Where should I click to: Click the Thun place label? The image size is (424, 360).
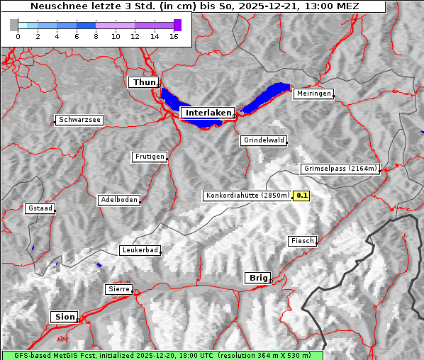coord(144,83)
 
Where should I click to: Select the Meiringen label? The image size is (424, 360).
coord(313,94)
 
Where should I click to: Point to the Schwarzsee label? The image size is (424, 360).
coord(79,120)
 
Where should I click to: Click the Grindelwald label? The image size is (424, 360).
coord(264,140)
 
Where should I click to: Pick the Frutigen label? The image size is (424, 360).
coord(149,157)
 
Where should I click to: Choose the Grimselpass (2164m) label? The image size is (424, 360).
coord(340,169)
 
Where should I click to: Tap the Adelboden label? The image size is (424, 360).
coord(118,200)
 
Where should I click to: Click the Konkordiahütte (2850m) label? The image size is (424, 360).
coord(247,196)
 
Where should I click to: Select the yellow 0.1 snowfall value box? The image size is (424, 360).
coord(302,196)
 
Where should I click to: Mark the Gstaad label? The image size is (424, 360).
coord(40,209)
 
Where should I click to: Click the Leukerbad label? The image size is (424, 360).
coord(140,250)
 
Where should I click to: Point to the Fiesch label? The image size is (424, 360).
coord(302,241)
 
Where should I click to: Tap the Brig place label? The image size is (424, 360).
coord(257,278)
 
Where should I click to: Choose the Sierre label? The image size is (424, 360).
coord(118,289)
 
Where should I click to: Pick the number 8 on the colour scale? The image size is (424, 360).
coord(96,36)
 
